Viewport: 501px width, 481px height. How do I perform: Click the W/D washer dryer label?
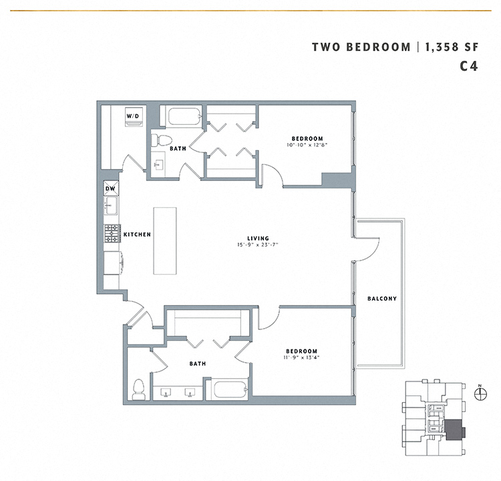pos(134,117)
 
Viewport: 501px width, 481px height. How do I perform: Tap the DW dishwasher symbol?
pos(111,188)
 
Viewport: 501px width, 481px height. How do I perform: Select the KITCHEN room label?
pos(137,234)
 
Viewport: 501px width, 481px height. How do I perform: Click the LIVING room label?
pos(258,238)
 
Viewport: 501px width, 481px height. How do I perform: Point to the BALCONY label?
pos(382,299)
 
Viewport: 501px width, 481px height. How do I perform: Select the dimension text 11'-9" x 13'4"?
pos(301,358)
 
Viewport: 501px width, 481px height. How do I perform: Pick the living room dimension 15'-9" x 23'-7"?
pos(258,245)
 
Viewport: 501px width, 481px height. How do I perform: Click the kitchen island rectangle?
pos(165,240)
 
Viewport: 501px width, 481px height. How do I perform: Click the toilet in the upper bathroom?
pos(158,140)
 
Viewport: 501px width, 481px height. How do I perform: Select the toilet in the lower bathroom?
pos(139,389)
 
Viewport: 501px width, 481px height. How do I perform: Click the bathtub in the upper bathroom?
pos(184,117)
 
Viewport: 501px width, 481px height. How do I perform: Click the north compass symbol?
pos(478,393)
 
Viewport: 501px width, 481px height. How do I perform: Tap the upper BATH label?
pos(178,148)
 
